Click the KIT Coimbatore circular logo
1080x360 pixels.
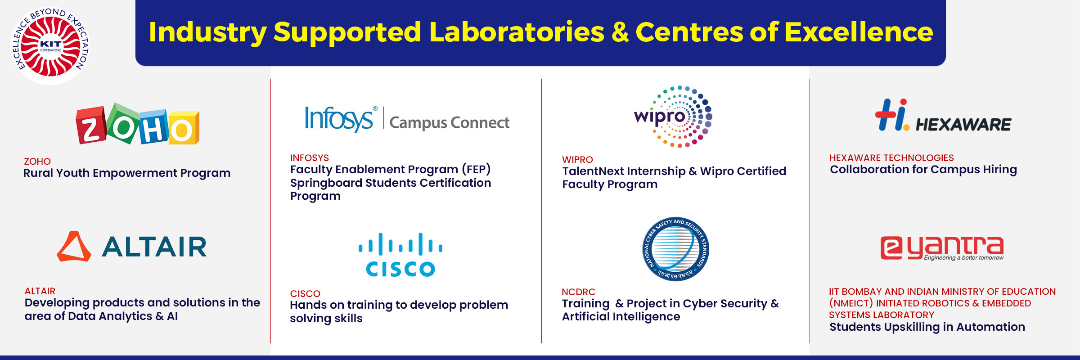coord(50,45)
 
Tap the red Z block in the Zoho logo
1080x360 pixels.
coord(91,126)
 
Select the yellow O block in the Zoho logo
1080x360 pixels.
coord(183,128)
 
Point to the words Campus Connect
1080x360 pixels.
coord(449,122)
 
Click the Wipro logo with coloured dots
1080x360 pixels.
coord(673,117)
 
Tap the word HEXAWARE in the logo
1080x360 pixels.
coord(963,124)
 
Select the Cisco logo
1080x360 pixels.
coord(400,254)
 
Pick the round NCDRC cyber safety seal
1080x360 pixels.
coord(675,249)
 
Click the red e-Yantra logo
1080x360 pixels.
coord(942,248)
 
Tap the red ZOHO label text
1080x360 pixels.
coord(37,161)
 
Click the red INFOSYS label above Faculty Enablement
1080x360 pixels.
coord(310,158)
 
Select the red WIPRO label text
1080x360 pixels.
coord(577,160)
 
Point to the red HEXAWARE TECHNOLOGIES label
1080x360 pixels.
coord(891,158)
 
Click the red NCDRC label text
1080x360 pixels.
coord(578,292)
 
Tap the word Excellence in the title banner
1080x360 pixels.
coord(859,32)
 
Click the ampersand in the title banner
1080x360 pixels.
coord(620,32)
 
